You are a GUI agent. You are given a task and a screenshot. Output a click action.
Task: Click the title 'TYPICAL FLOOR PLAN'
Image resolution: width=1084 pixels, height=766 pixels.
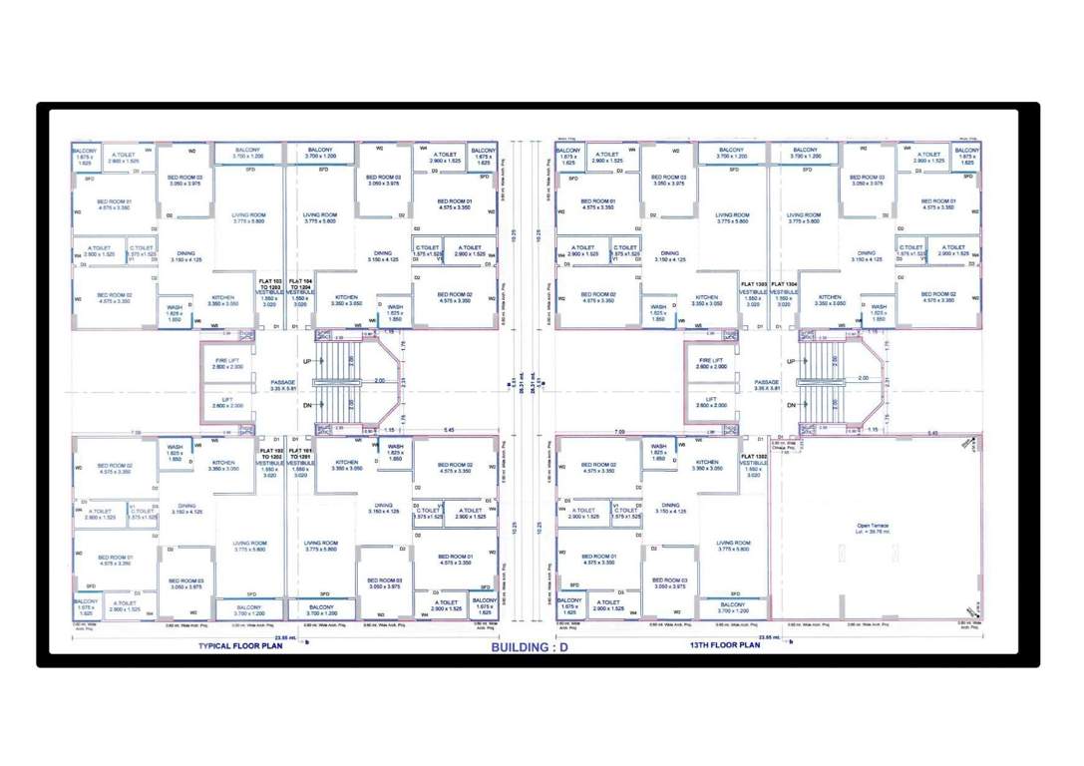(x=243, y=645)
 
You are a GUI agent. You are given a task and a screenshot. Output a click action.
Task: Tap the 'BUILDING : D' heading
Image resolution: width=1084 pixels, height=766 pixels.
(x=530, y=647)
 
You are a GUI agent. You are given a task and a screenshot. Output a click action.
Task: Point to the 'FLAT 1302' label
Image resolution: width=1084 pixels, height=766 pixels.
(x=754, y=456)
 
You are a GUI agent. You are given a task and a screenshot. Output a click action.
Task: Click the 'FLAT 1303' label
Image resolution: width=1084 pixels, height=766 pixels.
(x=754, y=284)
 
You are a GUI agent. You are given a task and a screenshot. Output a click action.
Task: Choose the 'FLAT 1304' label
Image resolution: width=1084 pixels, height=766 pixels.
(x=784, y=284)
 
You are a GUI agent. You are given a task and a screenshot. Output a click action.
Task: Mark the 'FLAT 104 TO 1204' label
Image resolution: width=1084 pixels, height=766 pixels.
(x=299, y=286)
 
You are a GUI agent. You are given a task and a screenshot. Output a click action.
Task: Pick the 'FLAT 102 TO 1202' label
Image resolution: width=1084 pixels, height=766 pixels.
(x=269, y=440)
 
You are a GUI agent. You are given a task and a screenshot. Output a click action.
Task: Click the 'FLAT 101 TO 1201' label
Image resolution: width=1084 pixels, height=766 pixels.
(x=299, y=440)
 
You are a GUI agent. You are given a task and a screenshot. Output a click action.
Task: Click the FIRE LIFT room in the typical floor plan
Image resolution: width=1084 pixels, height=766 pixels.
(x=227, y=363)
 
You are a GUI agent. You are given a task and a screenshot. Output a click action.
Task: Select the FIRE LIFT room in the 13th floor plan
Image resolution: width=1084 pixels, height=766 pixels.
(x=711, y=363)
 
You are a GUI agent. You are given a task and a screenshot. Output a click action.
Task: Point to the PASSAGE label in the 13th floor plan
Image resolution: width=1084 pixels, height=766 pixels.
(x=766, y=384)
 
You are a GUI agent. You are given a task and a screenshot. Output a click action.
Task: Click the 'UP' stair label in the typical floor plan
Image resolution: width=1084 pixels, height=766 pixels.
(x=307, y=361)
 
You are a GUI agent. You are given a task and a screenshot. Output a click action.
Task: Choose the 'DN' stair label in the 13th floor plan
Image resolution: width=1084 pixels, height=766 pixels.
(x=791, y=405)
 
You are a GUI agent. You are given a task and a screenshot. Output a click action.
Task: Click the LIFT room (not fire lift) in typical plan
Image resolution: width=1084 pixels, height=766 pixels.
(x=227, y=402)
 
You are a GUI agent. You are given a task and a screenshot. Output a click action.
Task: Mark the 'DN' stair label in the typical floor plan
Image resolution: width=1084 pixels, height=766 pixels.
(x=307, y=405)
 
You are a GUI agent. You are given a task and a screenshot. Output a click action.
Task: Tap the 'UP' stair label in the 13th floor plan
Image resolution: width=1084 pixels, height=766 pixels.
(x=791, y=361)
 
